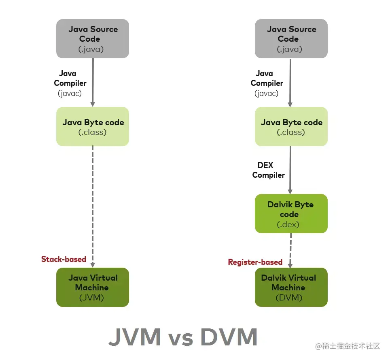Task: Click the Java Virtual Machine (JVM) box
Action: tap(93, 287)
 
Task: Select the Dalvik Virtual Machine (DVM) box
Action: tap(291, 287)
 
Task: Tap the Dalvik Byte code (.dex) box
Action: tap(291, 213)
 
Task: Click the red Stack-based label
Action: tap(64, 259)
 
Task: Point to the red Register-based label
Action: tap(255, 262)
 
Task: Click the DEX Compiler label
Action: tap(268, 170)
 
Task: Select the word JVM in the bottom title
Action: tap(135, 337)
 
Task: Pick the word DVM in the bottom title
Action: tap(229, 337)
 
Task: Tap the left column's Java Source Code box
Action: tap(93, 39)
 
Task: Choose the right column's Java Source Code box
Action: tap(291, 39)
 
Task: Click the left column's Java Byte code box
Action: tap(93, 126)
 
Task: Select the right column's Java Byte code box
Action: tap(291, 126)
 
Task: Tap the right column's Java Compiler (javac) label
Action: tap(267, 83)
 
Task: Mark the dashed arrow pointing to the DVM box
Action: tap(290, 250)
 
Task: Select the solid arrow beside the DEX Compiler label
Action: tap(290, 170)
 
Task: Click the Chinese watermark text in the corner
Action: tap(348, 346)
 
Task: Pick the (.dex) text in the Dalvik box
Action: tap(288, 224)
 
